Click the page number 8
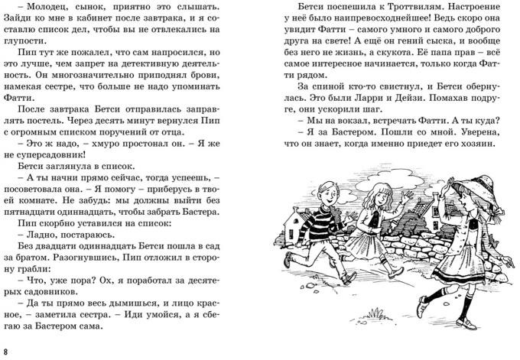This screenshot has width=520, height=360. pyautogui.click(x=7, y=351)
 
